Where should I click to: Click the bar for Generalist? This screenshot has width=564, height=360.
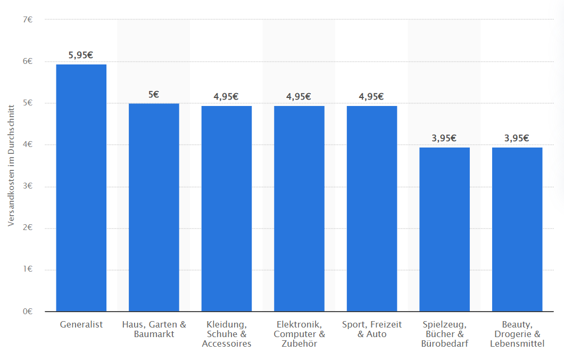[81, 187]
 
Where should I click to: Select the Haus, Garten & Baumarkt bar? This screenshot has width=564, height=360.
[154, 207]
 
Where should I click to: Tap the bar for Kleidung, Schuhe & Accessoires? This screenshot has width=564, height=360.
[227, 208]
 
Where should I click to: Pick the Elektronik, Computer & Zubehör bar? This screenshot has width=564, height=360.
[299, 208]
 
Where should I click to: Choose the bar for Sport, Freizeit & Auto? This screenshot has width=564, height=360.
[372, 208]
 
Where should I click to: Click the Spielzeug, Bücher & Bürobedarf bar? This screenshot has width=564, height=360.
[444, 229]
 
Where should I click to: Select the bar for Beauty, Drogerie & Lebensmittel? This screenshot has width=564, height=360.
[517, 229]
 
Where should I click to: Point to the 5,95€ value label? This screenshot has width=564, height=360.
[81, 55]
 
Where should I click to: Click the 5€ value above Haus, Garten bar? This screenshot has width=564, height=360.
[154, 94]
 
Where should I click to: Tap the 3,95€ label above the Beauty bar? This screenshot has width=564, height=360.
[517, 138]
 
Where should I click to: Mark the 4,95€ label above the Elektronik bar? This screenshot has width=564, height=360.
[299, 96]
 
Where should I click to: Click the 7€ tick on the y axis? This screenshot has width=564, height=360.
[28, 20]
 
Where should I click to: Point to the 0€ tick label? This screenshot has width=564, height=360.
[28, 312]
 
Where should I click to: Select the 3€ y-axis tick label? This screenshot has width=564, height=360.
[28, 186]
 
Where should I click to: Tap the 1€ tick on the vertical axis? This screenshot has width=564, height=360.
[28, 270]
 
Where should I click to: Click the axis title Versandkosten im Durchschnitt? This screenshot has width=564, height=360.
[11, 166]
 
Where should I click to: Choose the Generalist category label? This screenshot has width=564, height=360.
[81, 324]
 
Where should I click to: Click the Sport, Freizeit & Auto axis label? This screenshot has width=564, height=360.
[372, 329]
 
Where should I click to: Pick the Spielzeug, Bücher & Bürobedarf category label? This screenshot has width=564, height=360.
[444, 334]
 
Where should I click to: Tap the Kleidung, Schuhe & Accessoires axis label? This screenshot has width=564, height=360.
[227, 334]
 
